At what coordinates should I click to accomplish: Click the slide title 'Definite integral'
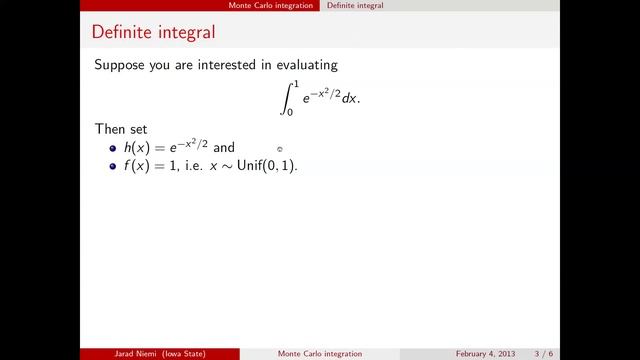(x=152, y=32)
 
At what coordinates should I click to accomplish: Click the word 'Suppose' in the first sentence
(x=119, y=65)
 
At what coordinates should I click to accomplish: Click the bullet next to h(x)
(x=114, y=148)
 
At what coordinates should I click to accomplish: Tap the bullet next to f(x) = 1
(x=114, y=166)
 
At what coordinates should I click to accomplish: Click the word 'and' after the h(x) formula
(x=224, y=148)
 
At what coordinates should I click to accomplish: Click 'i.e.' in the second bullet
(x=193, y=166)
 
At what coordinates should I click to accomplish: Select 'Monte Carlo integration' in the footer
(x=320, y=354)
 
